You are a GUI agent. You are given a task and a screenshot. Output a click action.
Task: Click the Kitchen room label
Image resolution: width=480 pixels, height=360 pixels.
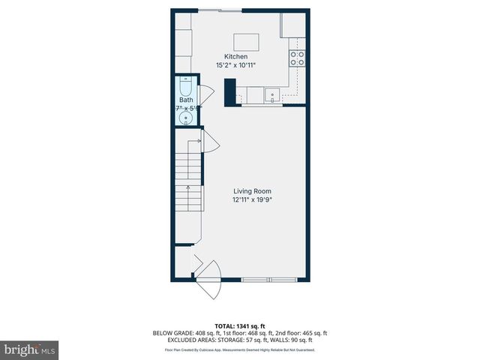[x=235, y=57]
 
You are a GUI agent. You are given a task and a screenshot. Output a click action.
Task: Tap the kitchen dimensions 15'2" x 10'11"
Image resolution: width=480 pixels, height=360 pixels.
[x=235, y=66]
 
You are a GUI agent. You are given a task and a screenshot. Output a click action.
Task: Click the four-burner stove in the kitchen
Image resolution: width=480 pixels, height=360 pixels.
[x=297, y=58]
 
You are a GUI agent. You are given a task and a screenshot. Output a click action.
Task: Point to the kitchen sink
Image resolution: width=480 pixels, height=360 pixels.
[x=273, y=95]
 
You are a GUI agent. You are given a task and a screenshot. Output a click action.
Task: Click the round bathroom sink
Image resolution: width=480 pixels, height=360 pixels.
[x=184, y=117]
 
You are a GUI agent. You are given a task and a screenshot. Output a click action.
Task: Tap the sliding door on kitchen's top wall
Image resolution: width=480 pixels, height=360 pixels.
[x=220, y=10]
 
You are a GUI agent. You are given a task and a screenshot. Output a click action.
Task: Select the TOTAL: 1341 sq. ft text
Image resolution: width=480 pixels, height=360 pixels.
[x=239, y=326]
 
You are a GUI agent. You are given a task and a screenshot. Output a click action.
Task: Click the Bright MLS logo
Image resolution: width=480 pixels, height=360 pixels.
[x=30, y=349]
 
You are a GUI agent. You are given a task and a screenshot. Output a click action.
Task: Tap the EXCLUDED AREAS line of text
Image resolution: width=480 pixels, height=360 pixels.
[x=239, y=340]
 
